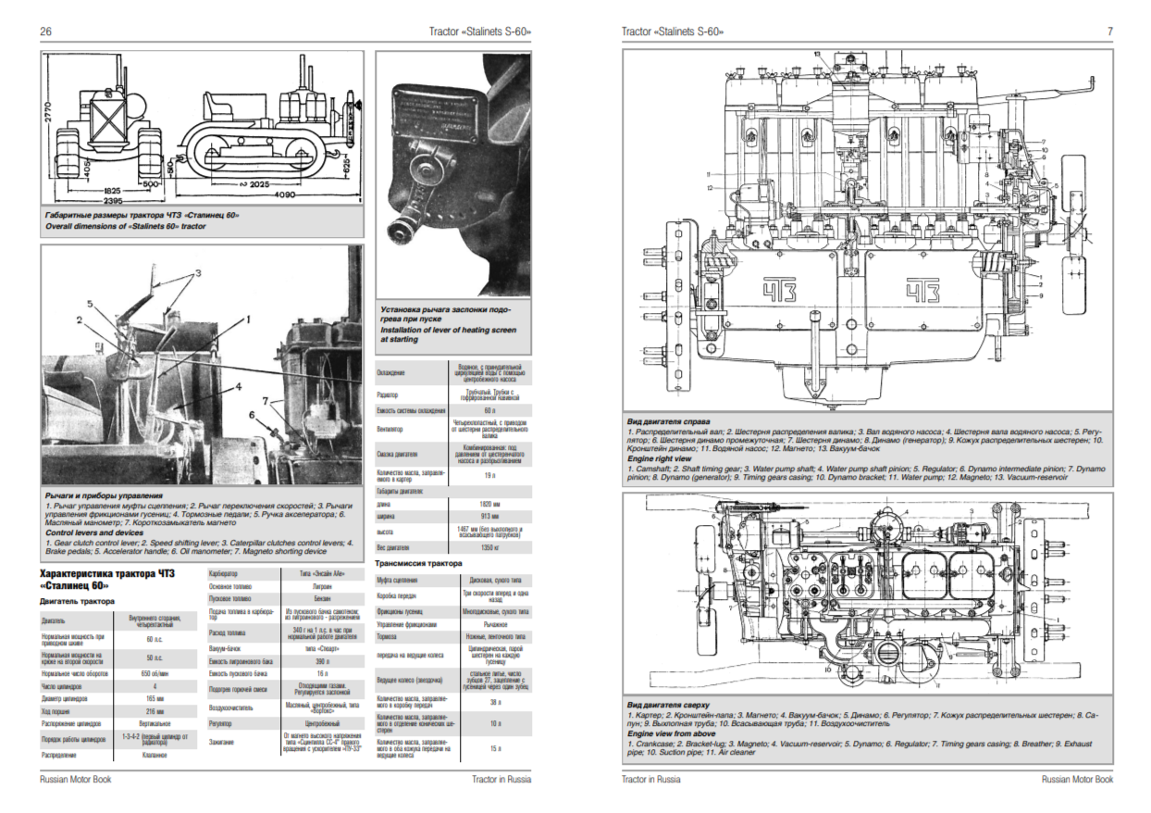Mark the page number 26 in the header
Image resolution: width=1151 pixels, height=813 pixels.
tap(45, 31)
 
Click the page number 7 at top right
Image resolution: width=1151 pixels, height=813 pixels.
tap(1109, 31)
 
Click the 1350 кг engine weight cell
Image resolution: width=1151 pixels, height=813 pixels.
tap(488, 548)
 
